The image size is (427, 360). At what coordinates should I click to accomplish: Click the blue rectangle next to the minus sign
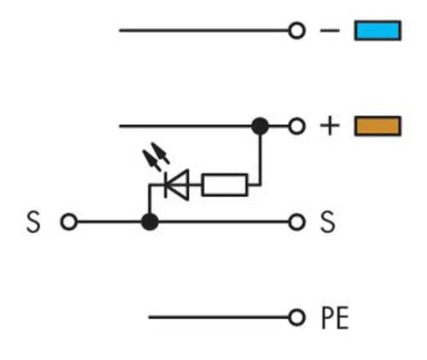click(x=377, y=31)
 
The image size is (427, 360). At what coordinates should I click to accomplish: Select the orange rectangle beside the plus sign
click(x=377, y=126)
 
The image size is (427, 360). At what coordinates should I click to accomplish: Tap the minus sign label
click(x=330, y=31)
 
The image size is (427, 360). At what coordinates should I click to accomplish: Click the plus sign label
click(x=330, y=126)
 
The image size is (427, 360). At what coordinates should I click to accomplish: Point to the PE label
click(x=334, y=318)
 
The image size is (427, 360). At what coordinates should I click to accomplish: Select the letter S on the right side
click(x=328, y=222)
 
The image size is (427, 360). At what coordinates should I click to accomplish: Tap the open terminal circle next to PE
click(x=296, y=318)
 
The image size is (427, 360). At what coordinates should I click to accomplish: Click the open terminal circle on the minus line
click(x=296, y=31)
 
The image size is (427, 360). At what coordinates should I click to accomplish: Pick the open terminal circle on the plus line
click(x=296, y=126)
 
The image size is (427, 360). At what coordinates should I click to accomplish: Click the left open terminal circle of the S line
click(x=69, y=222)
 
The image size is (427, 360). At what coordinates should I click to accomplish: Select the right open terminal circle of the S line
click(x=296, y=222)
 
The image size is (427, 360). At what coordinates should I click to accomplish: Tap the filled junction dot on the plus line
click(x=260, y=126)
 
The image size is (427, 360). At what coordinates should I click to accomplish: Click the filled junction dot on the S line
click(x=149, y=222)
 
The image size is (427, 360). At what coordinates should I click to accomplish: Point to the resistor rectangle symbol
click(x=224, y=185)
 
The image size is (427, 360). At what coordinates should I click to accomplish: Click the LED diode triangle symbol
click(x=178, y=185)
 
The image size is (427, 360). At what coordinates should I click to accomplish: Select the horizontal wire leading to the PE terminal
click(x=218, y=318)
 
